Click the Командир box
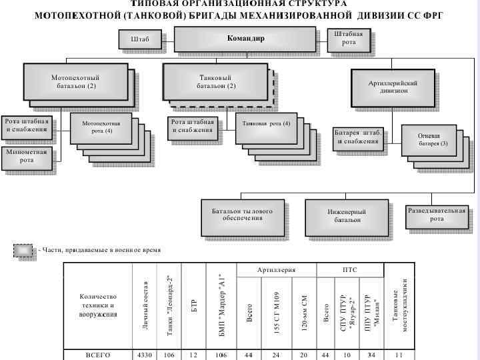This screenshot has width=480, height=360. coord(245,39)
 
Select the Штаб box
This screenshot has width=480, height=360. coord(140,39)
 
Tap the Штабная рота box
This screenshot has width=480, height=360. coord(349,39)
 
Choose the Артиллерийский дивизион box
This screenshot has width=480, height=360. coord(393,87)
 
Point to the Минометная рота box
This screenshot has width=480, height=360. coord(26,156)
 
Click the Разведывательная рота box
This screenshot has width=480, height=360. coord(437,215)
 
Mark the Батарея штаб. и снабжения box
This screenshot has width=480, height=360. coord(359,137)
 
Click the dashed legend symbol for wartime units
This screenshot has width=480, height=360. coord(25,250)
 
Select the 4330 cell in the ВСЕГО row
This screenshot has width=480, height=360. coord(145,355)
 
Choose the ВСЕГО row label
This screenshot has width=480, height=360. coord(98,355)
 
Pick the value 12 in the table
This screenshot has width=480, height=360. coord(193,355)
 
